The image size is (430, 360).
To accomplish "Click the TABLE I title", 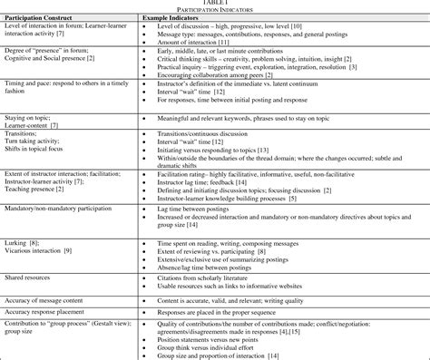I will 215,3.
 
